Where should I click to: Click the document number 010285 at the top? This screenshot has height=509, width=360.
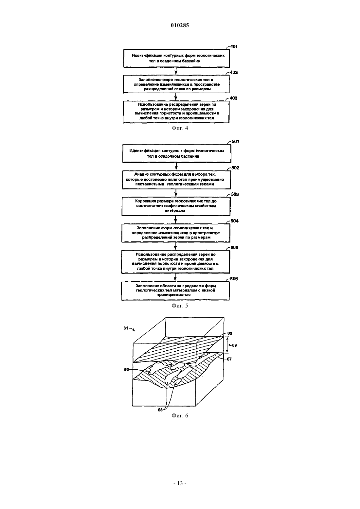[x=180, y=25]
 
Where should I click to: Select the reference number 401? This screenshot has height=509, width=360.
[x=234, y=46]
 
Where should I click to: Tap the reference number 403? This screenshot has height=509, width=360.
[x=234, y=98]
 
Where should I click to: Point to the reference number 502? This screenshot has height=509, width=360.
[x=235, y=168]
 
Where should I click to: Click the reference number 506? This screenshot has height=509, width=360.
[x=234, y=279]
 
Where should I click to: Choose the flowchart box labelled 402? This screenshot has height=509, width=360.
[x=176, y=84]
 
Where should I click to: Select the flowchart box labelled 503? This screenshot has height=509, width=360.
[x=176, y=206]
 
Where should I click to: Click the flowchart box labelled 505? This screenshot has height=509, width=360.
[x=175, y=262]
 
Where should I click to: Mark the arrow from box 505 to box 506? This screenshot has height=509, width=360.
[x=175, y=277]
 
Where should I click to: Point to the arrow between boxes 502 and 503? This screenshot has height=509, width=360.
[x=176, y=193]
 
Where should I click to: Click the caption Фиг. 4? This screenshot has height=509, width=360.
[x=180, y=128]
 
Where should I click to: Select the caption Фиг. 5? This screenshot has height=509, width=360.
[x=180, y=306]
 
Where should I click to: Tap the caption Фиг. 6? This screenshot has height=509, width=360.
[x=180, y=416]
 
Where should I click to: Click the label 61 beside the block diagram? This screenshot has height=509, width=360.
[x=126, y=328]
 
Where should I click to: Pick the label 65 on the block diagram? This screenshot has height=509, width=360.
[x=230, y=333]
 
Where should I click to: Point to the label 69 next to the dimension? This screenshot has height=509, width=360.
[x=234, y=345]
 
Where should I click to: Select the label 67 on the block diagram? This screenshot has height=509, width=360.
[x=229, y=359]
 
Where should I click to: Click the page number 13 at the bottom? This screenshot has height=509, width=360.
[x=180, y=483]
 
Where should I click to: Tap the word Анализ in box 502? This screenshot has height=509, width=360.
[x=141, y=174]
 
